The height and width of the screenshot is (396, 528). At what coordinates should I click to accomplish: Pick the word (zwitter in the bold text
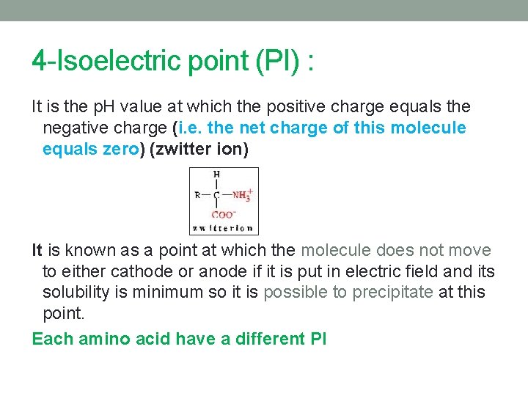181,150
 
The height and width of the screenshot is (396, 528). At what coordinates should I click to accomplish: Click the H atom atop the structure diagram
216,174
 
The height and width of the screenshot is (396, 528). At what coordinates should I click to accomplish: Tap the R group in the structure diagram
197,194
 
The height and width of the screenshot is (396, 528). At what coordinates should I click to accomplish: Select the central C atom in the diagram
216,194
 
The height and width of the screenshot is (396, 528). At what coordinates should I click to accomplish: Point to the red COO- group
223,215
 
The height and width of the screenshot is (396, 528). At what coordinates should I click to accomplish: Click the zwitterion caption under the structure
223,228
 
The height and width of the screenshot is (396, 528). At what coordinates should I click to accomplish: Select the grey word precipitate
392,293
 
